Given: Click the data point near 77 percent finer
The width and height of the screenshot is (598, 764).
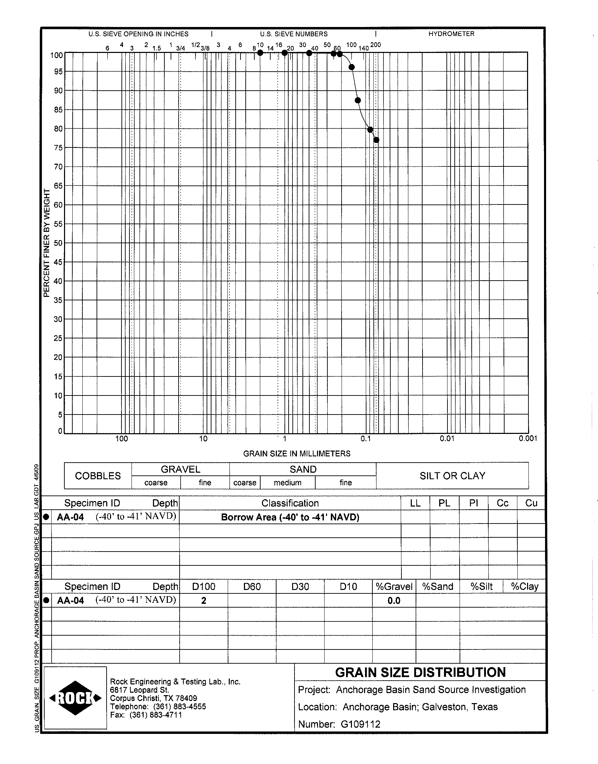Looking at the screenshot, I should click(x=377, y=140).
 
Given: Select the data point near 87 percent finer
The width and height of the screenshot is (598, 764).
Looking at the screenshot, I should click(x=357, y=100).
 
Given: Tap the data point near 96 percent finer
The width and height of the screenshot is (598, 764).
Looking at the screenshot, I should click(x=352, y=67).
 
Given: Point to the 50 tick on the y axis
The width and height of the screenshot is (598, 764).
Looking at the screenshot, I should click(x=58, y=243).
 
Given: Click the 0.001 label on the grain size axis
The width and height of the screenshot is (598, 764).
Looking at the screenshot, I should click(x=528, y=438).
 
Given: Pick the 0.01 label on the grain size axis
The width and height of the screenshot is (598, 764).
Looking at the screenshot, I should click(x=447, y=438).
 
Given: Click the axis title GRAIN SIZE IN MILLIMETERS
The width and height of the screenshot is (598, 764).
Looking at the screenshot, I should click(x=297, y=454).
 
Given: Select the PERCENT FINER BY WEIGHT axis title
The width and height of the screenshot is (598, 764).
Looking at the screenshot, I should click(x=47, y=243).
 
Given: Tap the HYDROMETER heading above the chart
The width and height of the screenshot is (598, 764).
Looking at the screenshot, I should click(x=451, y=34).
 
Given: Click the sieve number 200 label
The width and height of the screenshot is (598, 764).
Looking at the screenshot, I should click(x=375, y=45).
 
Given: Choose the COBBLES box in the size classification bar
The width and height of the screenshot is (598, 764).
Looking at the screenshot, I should click(x=98, y=476).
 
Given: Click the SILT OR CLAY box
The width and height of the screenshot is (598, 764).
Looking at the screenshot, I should click(x=452, y=476).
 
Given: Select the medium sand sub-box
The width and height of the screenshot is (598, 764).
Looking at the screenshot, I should click(x=288, y=483).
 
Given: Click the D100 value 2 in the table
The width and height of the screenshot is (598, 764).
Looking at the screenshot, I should click(x=203, y=601).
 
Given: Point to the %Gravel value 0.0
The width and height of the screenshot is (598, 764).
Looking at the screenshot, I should click(x=394, y=601).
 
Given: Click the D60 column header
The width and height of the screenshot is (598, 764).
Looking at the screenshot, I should click(x=252, y=586).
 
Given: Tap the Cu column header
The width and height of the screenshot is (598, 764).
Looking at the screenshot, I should click(x=531, y=503).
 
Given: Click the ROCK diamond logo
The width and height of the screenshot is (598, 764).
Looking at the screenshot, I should click(x=75, y=698).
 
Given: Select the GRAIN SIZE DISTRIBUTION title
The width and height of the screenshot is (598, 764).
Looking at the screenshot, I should click(x=420, y=672).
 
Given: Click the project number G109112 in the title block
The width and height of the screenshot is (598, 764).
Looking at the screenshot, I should click(x=360, y=724).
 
